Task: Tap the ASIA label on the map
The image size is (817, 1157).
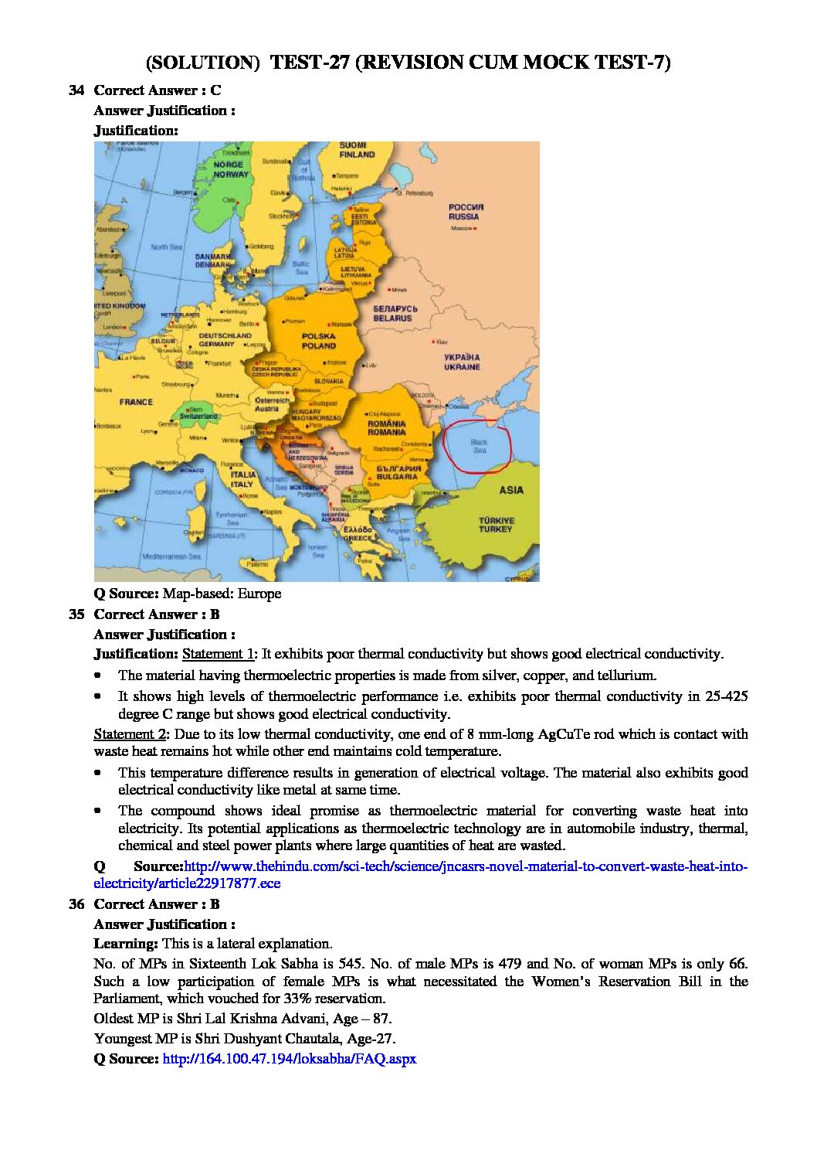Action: pyautogui.click(x=510, y=490)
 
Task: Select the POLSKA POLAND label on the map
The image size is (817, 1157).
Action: pyautogui.click(x=318, y=341)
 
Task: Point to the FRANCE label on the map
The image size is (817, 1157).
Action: pyautogui.click(x=136, y=402)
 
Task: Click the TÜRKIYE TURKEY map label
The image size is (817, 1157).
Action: pyautogui.click(x=496, y=525)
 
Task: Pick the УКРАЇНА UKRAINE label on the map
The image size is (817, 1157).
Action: pyautogui.click(x=462, y=362)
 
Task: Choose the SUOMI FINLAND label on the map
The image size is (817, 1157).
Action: pyautogui.click(x=357, y=150)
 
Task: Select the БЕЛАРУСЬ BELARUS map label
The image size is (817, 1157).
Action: pyautogui.click(x=393, y=313)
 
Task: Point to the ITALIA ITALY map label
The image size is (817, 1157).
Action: pyautogui.click(x=242, y=479)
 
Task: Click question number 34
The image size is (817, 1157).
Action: pyautogui.click(x=76, y=90)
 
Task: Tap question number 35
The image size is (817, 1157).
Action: pyautogui.click(x=76, y=614)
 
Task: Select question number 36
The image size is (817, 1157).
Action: pyautogui.click(x=76, y=904)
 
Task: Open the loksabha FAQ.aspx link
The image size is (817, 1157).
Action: pyautogui.click(x=289, y=1059)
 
